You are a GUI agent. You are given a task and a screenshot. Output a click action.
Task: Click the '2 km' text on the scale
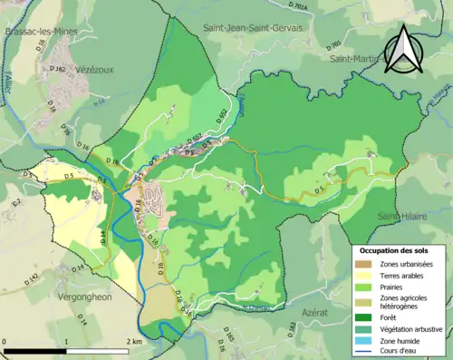tap(135, 341)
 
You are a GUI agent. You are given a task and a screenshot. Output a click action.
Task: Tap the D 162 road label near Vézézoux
tap(55, 68)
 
